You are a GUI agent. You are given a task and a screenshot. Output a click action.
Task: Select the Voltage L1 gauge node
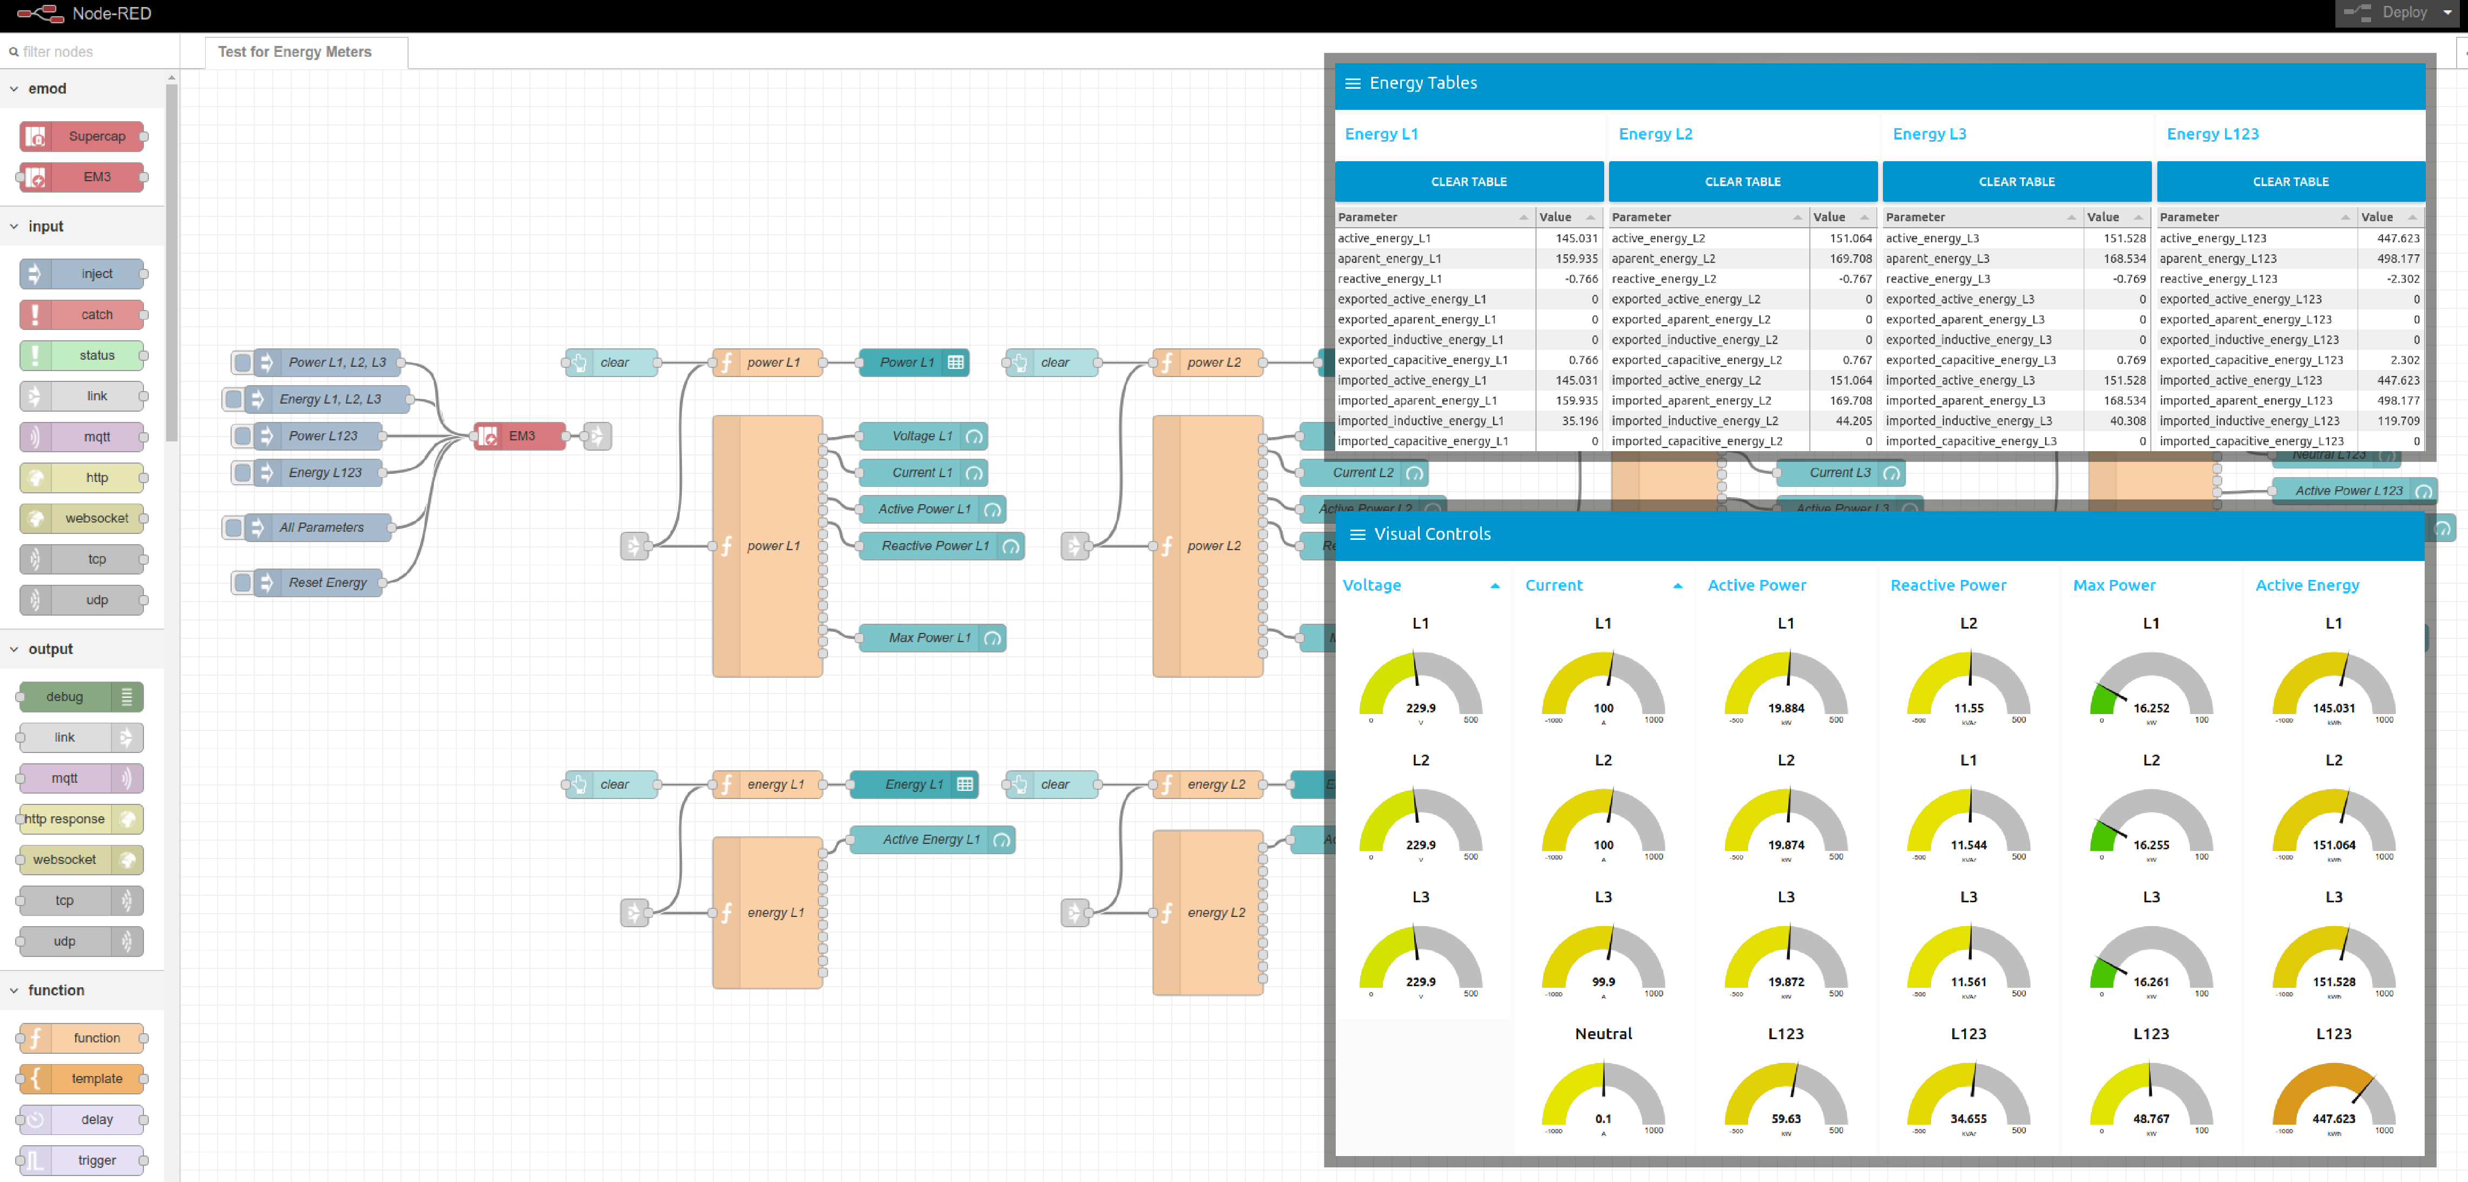pyautogui.click(x=922, y=436)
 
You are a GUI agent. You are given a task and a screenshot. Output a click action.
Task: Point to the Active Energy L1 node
pyautogui.click(x=930, y=839)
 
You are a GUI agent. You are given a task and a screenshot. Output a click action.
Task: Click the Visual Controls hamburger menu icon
pyautogui.click(x=1357, y=534)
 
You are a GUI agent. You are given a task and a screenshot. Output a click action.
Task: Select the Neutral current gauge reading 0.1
pyautogui.click(x=1603, y=1118)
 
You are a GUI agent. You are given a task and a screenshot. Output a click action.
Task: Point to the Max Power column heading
pyautogui.click(x=2113, y=585)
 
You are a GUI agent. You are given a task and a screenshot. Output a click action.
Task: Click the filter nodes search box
pyautogui.click(x=91, y=52)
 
